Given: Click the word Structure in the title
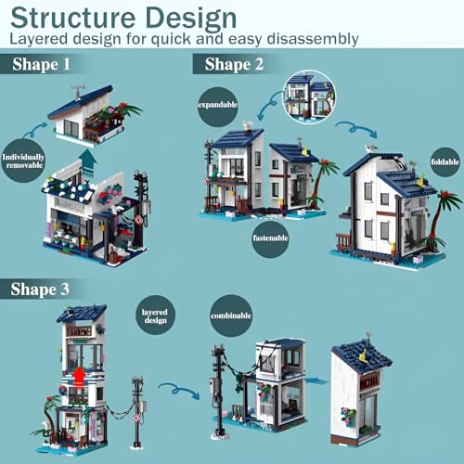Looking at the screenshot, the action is pyautogui.click(x=72, y=18).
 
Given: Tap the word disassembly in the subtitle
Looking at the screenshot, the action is pyautogui.click(x=313, y=39).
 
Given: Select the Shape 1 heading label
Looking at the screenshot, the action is pyautogui.click(x=41, y=64).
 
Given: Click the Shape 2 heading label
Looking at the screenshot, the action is pyautogui.click(x=234, y=64).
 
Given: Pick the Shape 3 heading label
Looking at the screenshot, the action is pyautogui.click(x=40, y=290).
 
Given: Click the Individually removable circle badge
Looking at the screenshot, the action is pyautogui.click(x=23, y=161).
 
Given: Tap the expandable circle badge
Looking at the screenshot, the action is pyautogui.click(x=217, y=105).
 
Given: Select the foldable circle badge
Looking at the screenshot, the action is pyautogui.click(x=445, y=161).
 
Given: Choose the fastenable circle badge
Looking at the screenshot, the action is pyautogui.click(x=270, y=238).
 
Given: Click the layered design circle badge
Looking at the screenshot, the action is pyautogui.click(x=155, y=315).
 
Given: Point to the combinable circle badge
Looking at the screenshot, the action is pyautogui.click(x=231, y=316).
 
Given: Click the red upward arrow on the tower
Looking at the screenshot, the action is pyautogui.click(x=80, y=376).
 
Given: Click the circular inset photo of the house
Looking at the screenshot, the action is pyautogui.click(x=309, y=97).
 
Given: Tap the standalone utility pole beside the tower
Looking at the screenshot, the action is pyautogui.click(x=137, y=411).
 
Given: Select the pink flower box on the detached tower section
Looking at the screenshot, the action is pyautogui.click(x=349, y=415).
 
